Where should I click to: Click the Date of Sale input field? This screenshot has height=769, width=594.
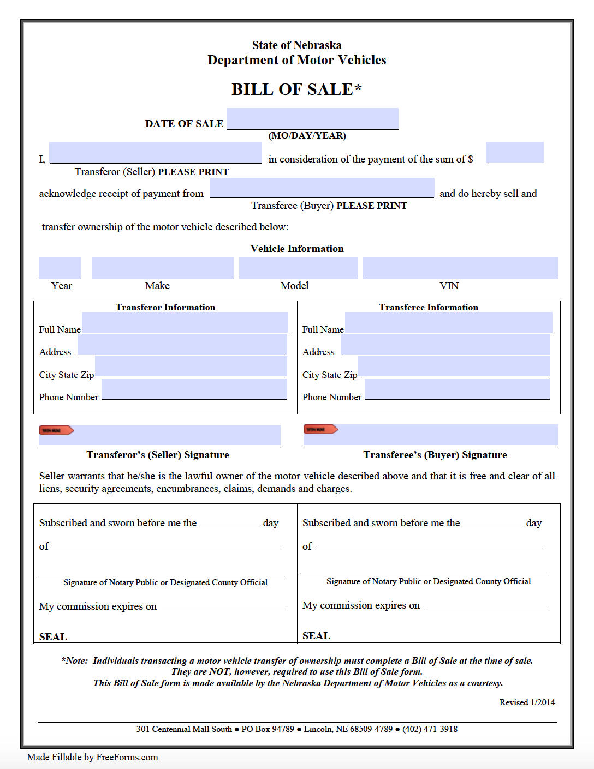coord(312,118)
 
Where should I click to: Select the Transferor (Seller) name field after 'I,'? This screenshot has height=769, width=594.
coord(156,152)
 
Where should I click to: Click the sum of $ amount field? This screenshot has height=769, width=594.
coord(514,152)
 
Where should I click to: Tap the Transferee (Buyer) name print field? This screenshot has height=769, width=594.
coord(322,188)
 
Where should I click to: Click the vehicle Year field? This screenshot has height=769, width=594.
coord(60,268)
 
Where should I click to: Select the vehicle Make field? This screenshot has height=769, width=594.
coord(162,268)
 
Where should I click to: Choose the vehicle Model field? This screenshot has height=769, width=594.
coord(298,268)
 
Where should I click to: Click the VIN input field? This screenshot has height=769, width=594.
coord(460,268)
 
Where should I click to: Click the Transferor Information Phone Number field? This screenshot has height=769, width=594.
coord(194,389)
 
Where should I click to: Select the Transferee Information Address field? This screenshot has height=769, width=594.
coord(445,345)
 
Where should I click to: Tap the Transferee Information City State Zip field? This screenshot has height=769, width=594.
coord(454,367)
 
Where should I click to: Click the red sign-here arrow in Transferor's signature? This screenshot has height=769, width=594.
coord(56,430)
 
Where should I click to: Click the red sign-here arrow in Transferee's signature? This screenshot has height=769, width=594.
coord(320,429)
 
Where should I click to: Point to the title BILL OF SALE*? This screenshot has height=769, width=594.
coord(296,89)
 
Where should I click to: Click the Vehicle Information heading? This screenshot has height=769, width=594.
coord(297,249)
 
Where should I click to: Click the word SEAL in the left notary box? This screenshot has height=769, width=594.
coord(53,636)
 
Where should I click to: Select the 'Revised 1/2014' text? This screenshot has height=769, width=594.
coord(527,702)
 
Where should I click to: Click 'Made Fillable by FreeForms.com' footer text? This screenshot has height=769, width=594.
coord(92,757)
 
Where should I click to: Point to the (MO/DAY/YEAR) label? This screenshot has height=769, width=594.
coord(307,135)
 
